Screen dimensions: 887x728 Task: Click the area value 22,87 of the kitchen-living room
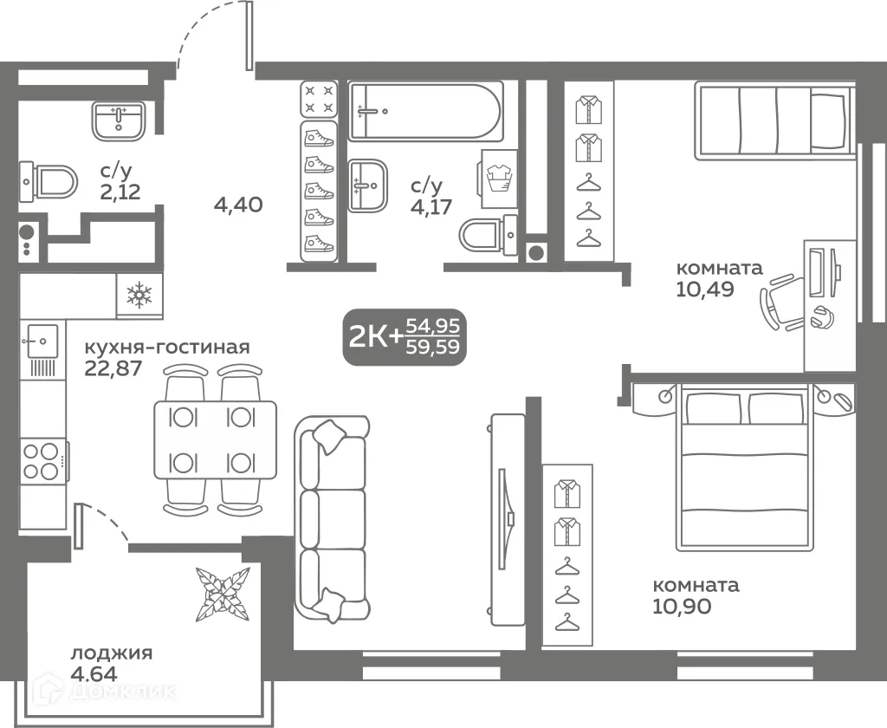(113, 368)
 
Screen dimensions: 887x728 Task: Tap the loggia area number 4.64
(94, 674)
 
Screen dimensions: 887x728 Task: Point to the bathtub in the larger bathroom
(425, 111)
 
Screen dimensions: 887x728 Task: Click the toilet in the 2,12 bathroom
(49, 182)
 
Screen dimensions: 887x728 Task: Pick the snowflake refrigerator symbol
(139, 295)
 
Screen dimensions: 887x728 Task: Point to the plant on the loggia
(223, 594)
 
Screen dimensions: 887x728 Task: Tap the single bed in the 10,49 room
(774, 120)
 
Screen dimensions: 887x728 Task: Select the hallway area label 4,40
(238, 204)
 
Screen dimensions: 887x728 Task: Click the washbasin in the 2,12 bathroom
(119, 120)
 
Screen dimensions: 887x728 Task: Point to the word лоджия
(112, 653)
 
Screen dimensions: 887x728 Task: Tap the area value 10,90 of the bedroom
(682, 607)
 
